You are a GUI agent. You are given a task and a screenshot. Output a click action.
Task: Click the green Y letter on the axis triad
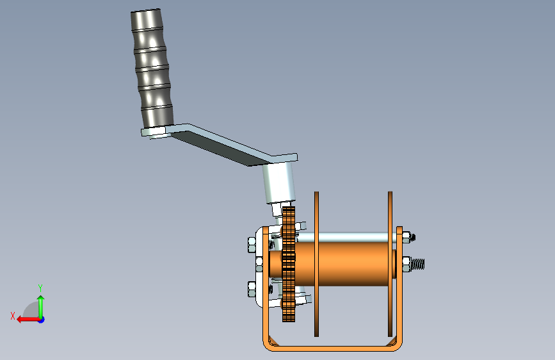[x=40, y=288]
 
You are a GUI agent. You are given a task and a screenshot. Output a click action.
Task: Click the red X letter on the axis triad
[x=12, y=316]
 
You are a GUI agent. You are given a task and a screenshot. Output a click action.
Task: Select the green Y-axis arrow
[x=41, y=304]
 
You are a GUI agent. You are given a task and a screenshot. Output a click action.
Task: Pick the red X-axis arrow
[x=26, y=319]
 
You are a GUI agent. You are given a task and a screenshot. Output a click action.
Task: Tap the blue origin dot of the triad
[x=41, y=319]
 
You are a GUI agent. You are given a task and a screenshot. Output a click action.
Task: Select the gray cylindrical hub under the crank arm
[x=278, y=183]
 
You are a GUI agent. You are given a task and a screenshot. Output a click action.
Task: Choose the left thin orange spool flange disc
[x=316, y=263]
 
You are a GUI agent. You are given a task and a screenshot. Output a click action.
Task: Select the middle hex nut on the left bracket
[x=259, y=263]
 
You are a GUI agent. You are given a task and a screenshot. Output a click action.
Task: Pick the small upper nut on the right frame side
[x=408, y=238]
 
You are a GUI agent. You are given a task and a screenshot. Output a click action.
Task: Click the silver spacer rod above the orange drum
[x=349, y=237]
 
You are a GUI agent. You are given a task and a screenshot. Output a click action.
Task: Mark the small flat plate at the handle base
[x=154, y=132]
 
